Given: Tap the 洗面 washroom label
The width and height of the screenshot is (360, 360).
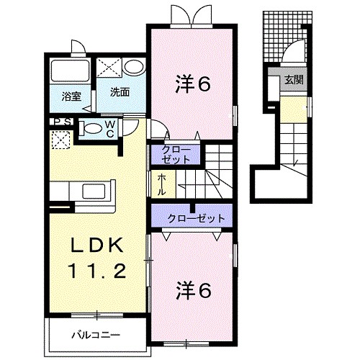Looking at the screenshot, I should click(120, 91).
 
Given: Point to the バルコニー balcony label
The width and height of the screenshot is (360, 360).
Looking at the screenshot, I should click(95, 334).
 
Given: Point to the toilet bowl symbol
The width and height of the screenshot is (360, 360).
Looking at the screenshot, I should click(91, 129).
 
